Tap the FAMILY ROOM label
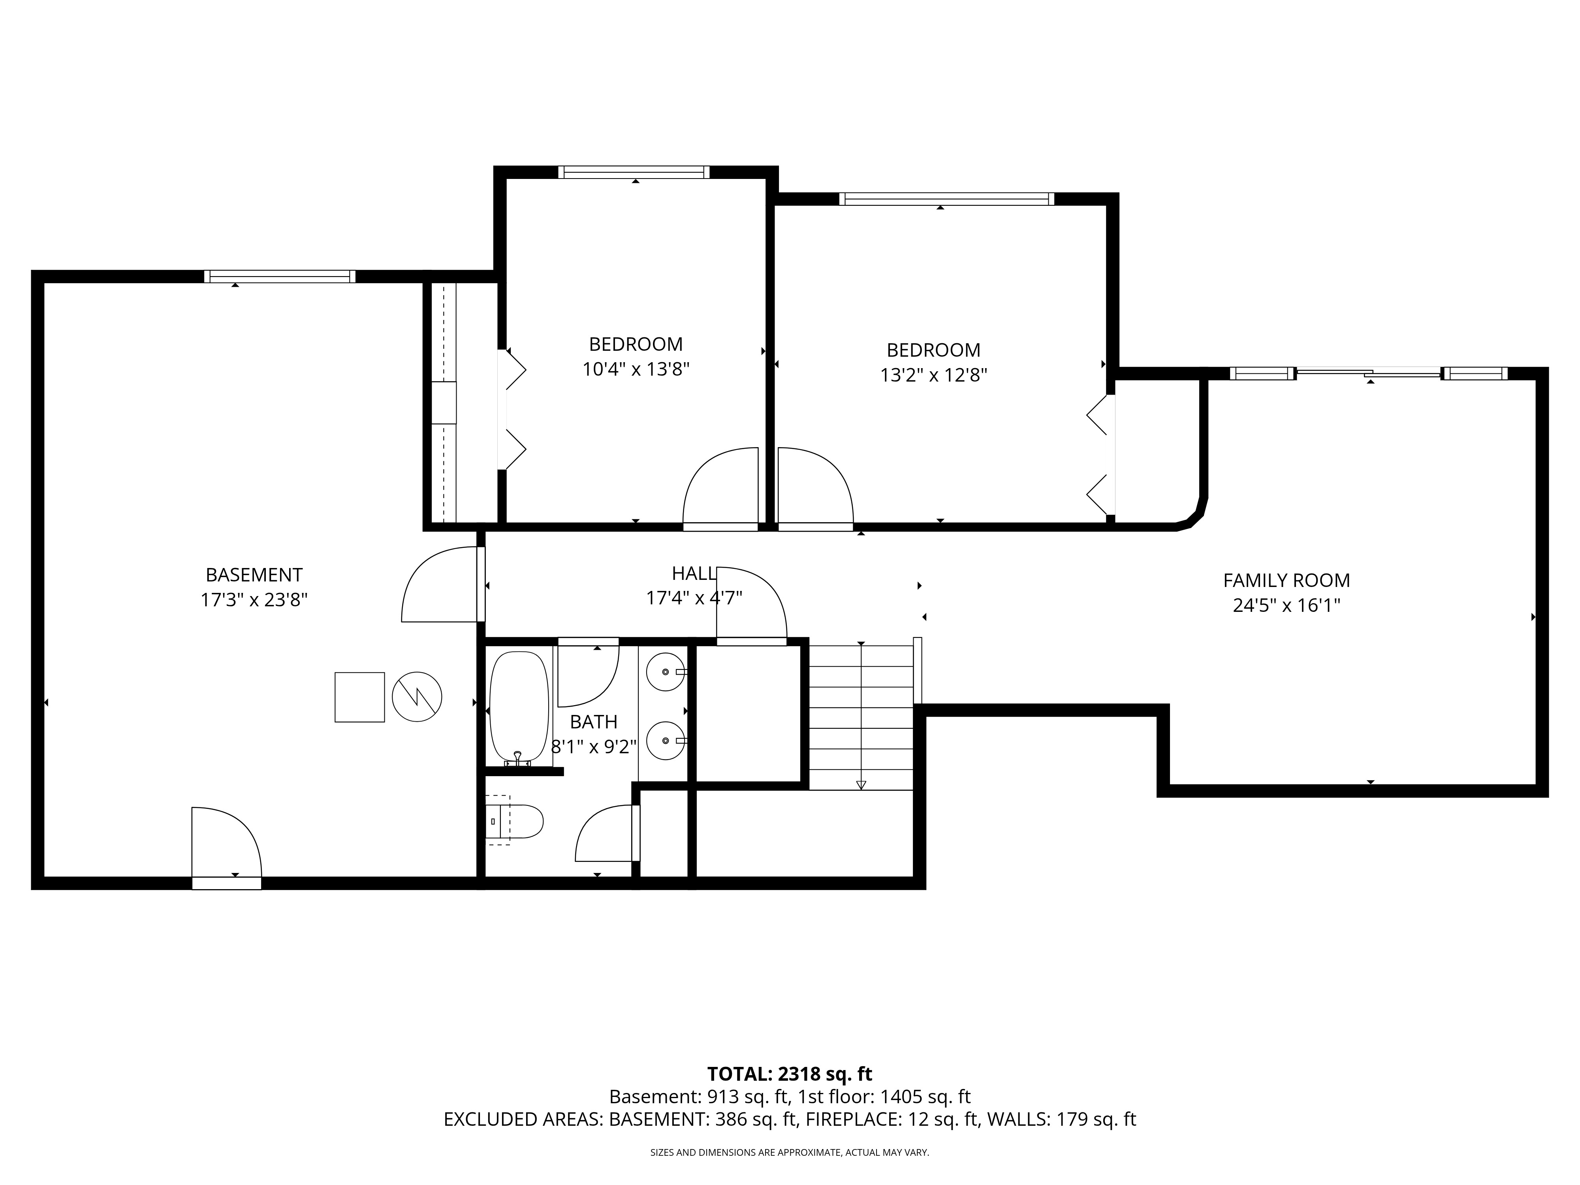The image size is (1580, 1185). coord(1287,581)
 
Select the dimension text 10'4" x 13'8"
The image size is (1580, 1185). coord(636,369)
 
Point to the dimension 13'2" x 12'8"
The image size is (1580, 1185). coord(933,375)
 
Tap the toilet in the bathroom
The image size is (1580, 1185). coord(516,821)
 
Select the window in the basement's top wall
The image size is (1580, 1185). coord(279,276)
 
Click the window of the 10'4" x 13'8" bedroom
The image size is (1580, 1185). coord(634,172)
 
